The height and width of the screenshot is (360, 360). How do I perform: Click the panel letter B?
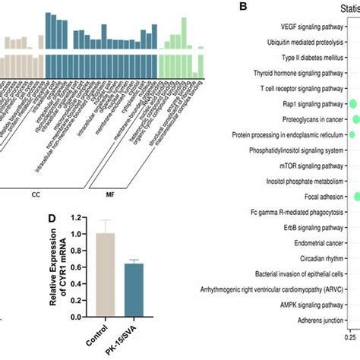point(242,7)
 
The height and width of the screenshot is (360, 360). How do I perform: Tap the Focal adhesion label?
point(325,197)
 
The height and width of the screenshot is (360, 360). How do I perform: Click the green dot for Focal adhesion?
point(355,197)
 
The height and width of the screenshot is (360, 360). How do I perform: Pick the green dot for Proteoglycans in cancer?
point(355,119)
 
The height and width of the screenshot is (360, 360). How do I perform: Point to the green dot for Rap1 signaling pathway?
point(352,103)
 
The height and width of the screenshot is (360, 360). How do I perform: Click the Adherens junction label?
point(317,321)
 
